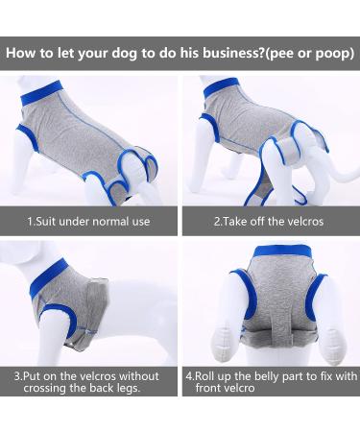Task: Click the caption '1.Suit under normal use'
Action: click(88, 222)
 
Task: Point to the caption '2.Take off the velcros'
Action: click(269, 222)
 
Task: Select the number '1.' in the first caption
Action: click(31, 222)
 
